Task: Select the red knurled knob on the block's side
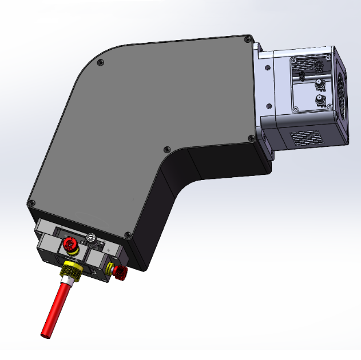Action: point(120,273)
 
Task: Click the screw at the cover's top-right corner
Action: point(247,39)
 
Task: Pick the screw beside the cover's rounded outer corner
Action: point(101,62)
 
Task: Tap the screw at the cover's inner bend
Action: point(166,150)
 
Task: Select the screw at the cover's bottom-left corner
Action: point(31,203)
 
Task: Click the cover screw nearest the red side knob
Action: point(128,234)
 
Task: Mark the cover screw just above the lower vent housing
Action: point(250,138)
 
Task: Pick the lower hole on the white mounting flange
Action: point(268,105)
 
